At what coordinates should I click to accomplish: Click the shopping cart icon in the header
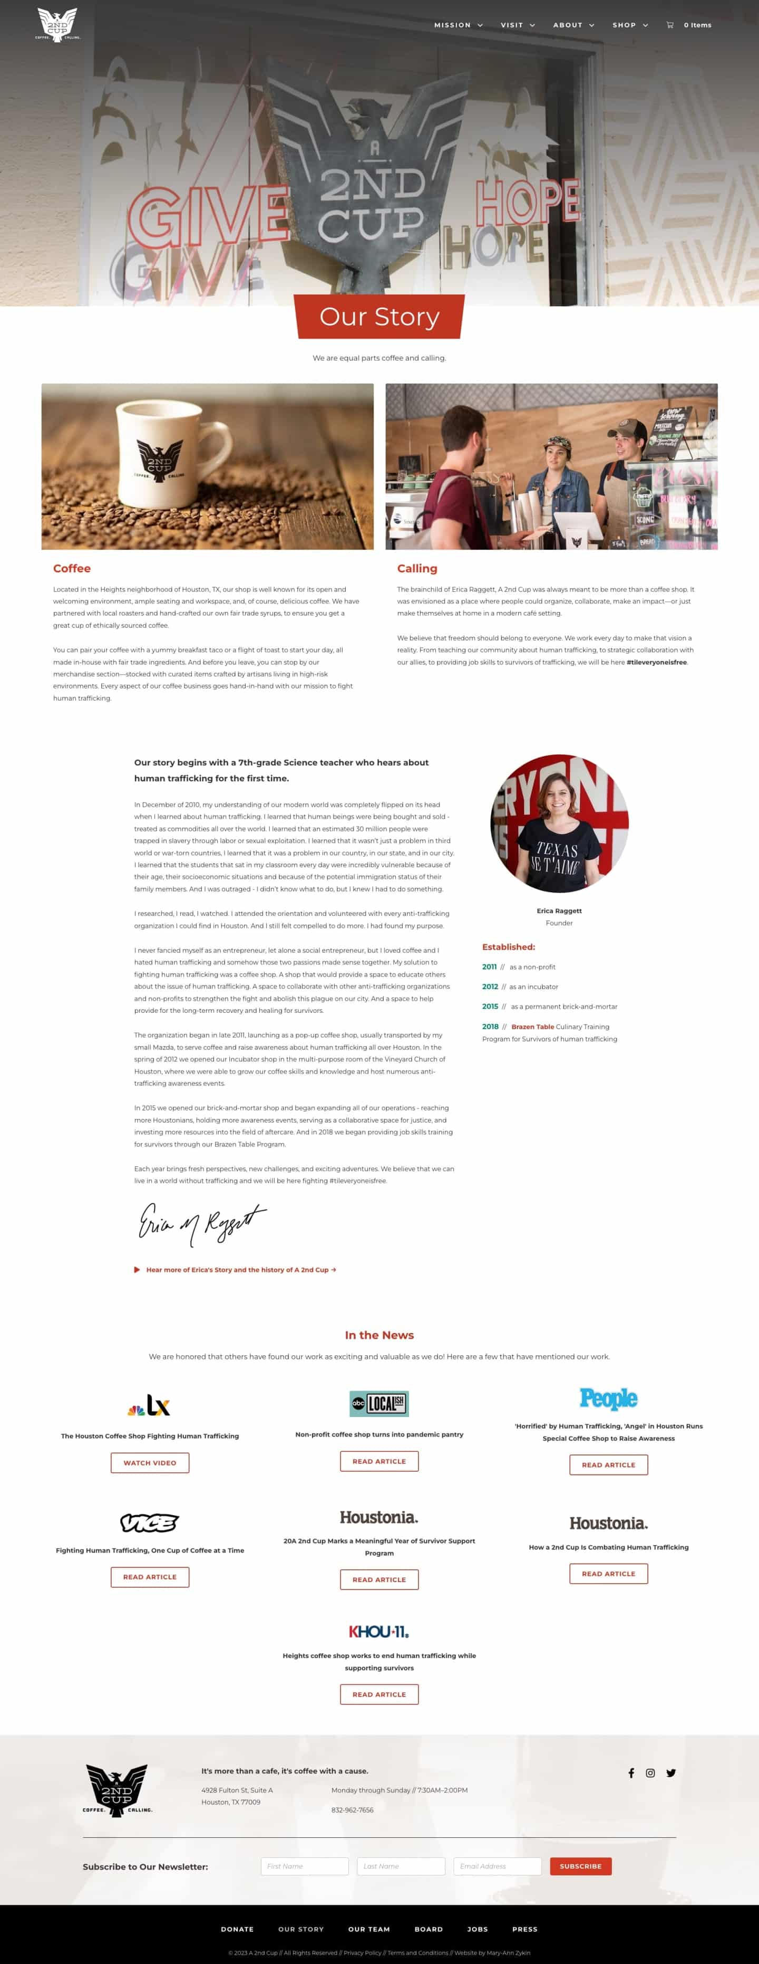pyautogui.click(x=670, y=25)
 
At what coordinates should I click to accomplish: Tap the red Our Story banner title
pyautogui.click(x=379, y=317)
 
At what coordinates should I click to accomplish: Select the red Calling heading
pyautogui.click(x=417, y=568)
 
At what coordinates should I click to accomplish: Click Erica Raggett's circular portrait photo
pyautogui.click(x=559, y=823)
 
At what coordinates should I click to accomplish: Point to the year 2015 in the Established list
pyautogui.click(x=490, y=1007)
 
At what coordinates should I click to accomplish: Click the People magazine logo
pyautogui.click(x=608, y=1398)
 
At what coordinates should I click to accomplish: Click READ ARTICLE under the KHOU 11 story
pyautogui.click(x=379, y=1694)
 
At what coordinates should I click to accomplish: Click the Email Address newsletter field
pyautogui.click(x=497, y=1866)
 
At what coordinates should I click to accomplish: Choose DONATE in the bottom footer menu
pyautogui.click(x=237, y=1929)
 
